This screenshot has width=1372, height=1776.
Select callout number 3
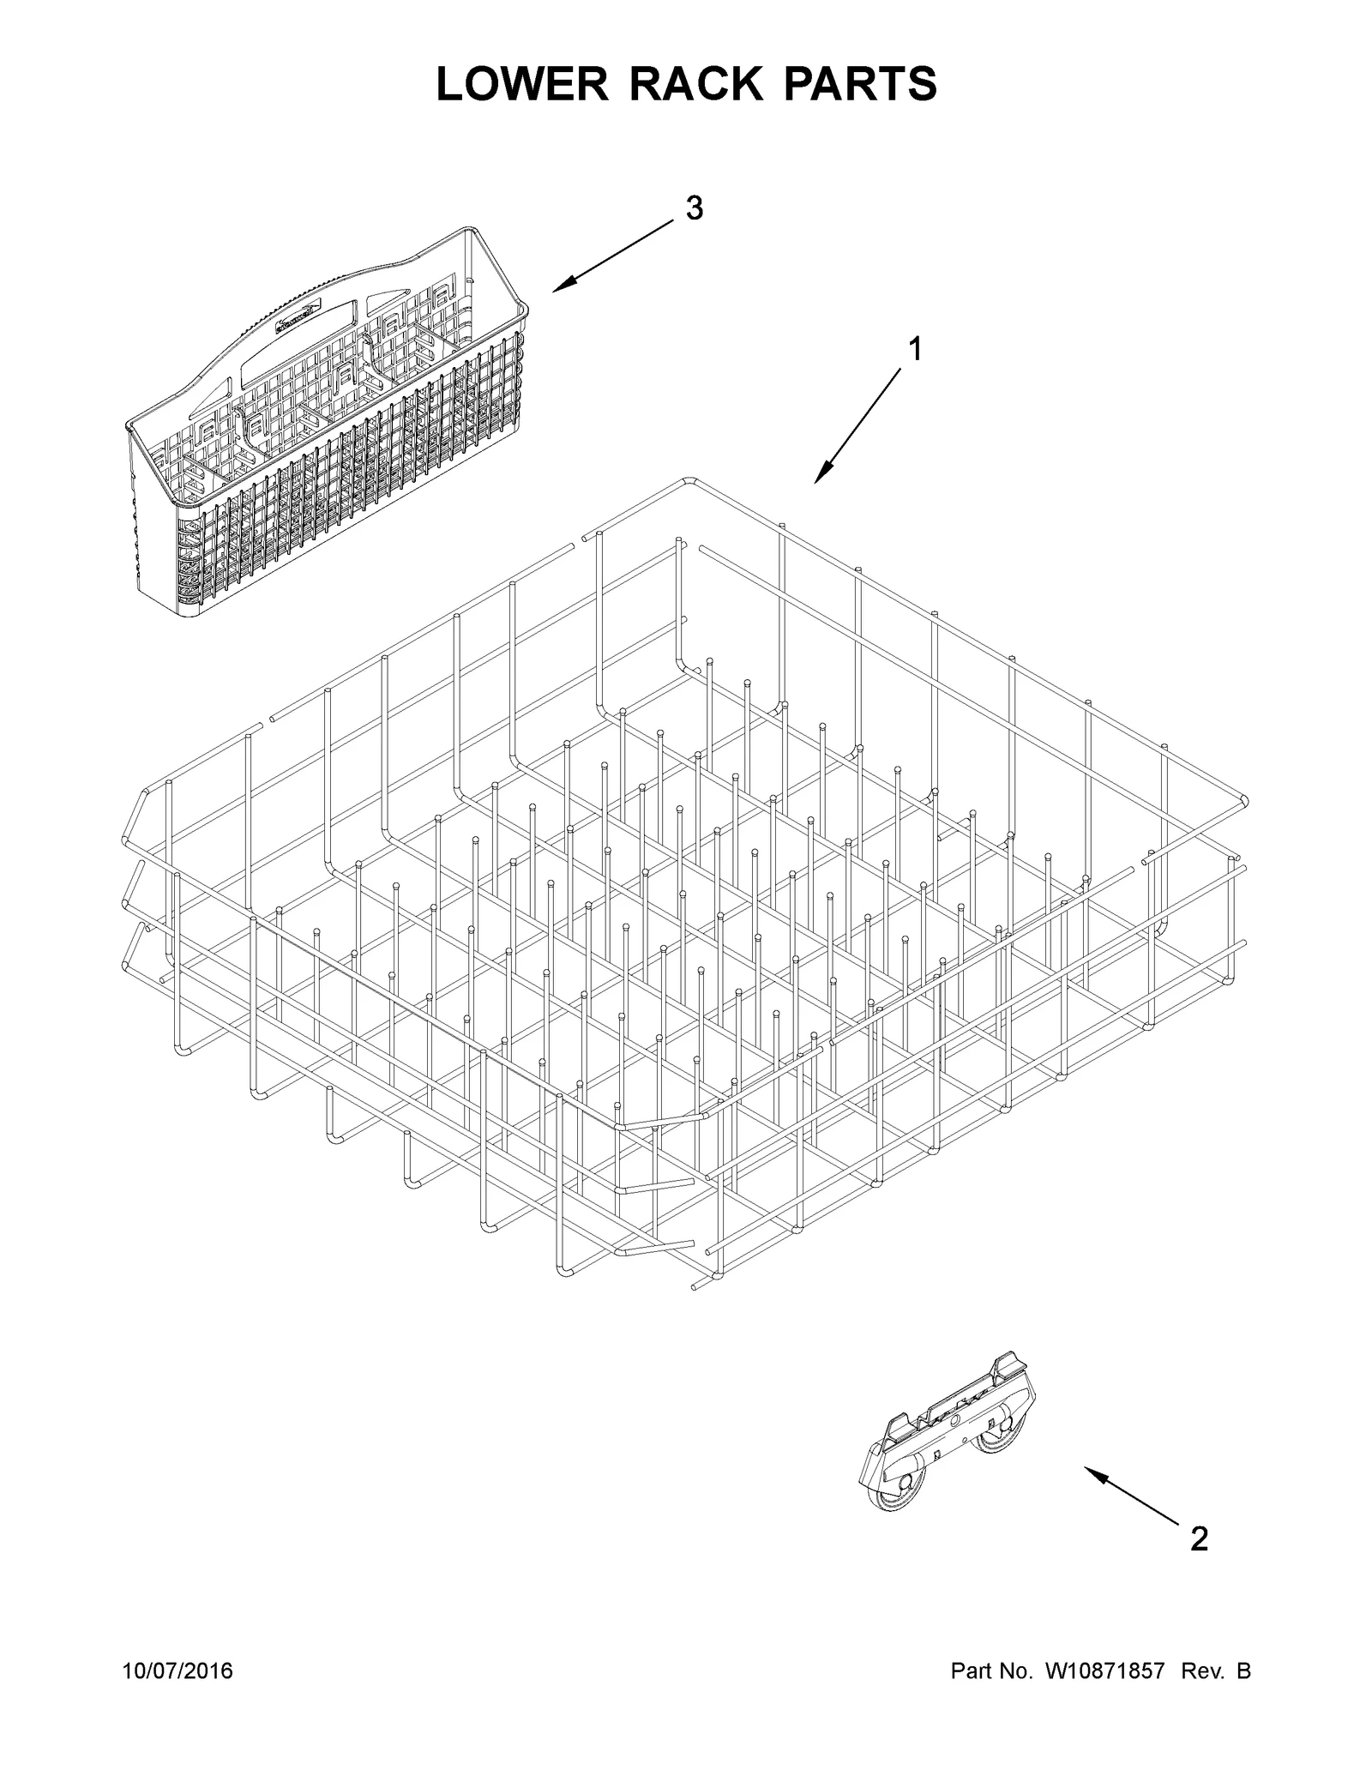[x=695, y=208]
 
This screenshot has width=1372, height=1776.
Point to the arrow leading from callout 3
[x=613, y=256]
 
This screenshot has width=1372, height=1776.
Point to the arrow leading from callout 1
[x=857, y=424]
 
